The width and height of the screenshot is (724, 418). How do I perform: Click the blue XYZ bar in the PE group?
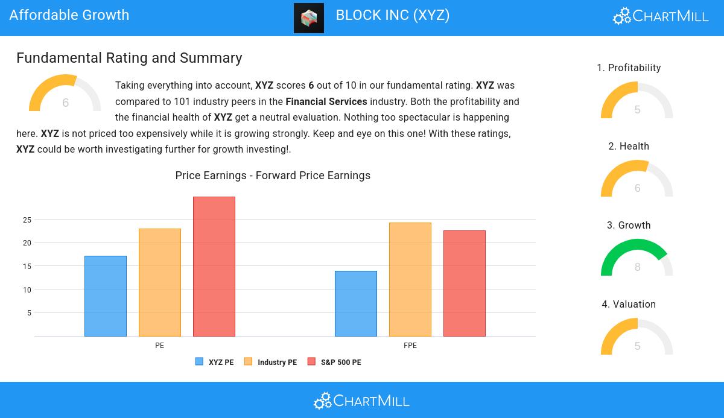pos(106,296)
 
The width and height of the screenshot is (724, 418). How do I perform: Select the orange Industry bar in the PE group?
pos(160,282)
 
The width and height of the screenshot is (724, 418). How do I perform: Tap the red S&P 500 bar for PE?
pos(214,266)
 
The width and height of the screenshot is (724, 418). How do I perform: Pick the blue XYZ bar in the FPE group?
pos(356,303)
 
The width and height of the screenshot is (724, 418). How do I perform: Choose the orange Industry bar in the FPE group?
pos(410,279)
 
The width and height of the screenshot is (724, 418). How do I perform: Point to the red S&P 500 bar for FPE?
pos(465,283)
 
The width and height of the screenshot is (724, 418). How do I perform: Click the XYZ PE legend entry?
pos(215,362)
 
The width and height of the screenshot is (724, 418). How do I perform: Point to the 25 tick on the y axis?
pos(27,220)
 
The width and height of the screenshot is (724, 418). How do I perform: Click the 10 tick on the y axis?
pos(27,290)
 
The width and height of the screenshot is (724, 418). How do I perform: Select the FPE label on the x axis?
pos(410,346)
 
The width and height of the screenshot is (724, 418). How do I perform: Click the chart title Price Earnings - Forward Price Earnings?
pos(273,176)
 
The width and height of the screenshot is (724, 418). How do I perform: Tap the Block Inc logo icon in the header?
pos(309,17)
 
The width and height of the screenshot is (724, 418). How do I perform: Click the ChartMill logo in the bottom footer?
pos(361,401)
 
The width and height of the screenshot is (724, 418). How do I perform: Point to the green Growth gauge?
pos(637,258)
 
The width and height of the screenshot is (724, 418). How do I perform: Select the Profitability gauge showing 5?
pos(637,101)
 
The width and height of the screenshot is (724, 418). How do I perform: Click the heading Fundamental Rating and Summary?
pos(129,58)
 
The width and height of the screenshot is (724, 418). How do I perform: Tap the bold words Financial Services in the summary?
pos(326,101)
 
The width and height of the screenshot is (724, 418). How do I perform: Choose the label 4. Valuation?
pos(629,305)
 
